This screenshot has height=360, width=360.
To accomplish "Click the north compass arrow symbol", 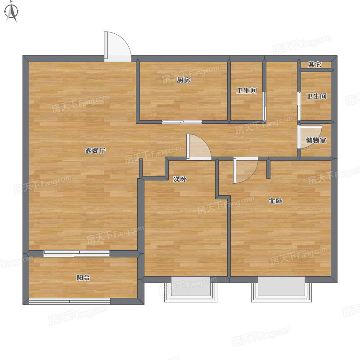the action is click(12, 12).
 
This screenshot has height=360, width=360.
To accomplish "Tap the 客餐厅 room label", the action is click(95, 151).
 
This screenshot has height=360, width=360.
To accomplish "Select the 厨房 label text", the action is click(184, 80).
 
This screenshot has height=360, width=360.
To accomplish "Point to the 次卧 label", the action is click(180, 179).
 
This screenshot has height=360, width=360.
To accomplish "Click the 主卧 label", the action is click(275, 201).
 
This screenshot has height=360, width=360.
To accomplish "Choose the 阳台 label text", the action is click(83, 278).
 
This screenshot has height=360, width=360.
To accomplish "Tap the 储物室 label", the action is click(316, 140).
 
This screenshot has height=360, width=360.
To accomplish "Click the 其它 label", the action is click(315, 64).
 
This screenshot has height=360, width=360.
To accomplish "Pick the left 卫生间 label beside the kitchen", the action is click(247, 90).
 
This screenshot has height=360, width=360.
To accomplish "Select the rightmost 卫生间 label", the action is click(316, 96).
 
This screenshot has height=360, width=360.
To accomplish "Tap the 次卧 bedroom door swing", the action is click(198, 147).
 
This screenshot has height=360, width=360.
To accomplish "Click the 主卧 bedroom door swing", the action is click(246, 170).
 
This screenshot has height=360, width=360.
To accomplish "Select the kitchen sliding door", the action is click(182, 121).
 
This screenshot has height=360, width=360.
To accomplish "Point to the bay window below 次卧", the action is click(190, 289).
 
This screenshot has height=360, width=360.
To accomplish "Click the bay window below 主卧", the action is click(282, 289).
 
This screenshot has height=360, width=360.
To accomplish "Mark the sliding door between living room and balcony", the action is click(76, 253).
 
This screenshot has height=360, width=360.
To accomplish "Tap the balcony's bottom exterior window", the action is click(70, 301).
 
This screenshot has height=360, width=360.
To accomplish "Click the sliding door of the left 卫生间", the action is click(264, 106).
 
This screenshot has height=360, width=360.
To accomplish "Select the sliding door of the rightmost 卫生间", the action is click(299, 106).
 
